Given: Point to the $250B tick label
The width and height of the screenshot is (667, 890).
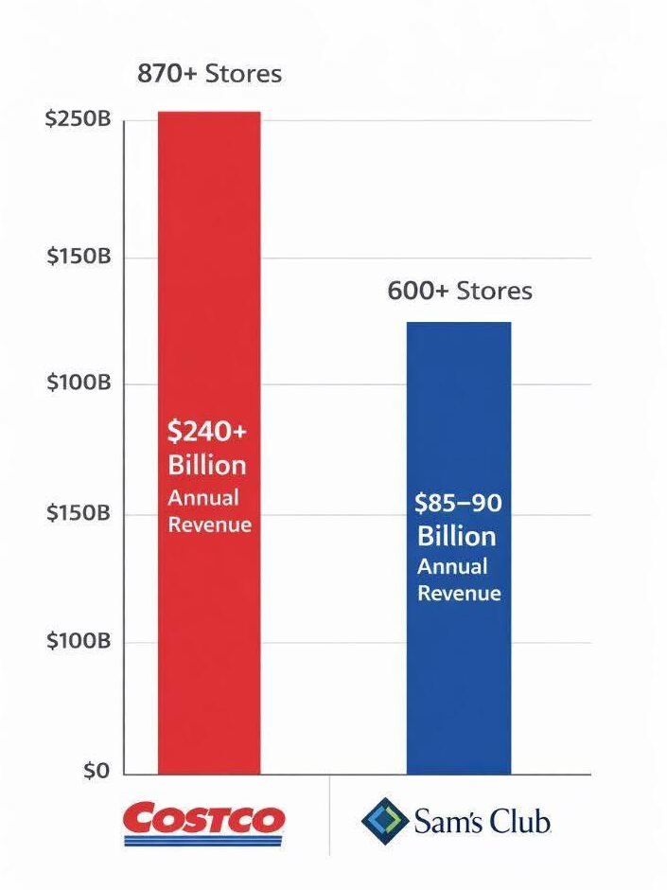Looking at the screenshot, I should coord(79,121).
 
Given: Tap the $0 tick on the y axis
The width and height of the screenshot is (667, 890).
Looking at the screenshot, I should coord(95,772).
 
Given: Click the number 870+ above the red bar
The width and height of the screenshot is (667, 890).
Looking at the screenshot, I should coord(167,74).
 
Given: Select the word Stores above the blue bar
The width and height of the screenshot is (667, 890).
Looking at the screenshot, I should coord(495,291).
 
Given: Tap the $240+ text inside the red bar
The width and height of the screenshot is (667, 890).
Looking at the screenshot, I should coord(207,432).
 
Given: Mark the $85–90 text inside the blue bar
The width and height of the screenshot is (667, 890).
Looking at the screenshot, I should coord(458,504).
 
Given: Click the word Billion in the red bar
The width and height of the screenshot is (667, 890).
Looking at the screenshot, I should coord(207,465).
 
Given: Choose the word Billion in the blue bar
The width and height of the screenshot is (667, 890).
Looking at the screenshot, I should coord(457,536).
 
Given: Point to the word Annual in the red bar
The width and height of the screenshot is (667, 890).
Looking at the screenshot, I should coord(203,497).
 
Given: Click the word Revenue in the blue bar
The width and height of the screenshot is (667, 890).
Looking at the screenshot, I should coord(459,594).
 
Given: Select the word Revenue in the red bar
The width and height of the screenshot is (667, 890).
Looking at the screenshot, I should coord(209,524).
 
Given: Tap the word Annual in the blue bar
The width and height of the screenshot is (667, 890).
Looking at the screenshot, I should coord(453,566).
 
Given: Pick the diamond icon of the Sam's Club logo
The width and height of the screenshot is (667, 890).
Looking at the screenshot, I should coord(382,820).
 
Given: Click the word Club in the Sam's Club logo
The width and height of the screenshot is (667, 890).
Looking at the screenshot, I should coord(519,821).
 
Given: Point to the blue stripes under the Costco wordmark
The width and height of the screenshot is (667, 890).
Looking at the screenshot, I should coord(203,840).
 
